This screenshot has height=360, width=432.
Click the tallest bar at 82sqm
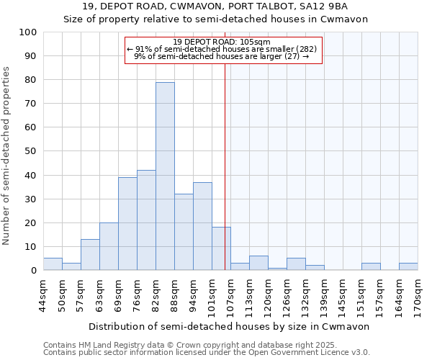point(165,176)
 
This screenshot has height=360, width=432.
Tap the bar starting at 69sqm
point(127,224)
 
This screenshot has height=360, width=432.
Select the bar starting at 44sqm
point(53,264)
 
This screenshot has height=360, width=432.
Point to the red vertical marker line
point(225,166)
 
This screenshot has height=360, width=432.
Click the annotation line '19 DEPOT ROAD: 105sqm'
point(222,42)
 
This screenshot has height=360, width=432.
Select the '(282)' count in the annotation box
point(305,49)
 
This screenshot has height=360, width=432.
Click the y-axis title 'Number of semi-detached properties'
point(6,156)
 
